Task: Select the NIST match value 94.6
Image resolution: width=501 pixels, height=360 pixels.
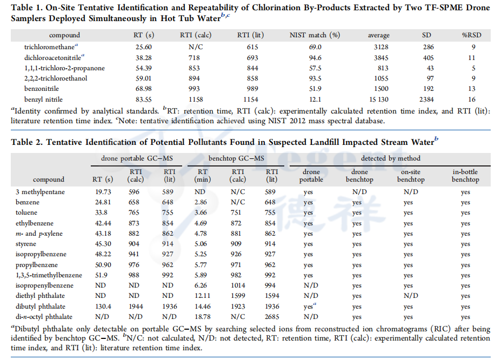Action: pos(314,58)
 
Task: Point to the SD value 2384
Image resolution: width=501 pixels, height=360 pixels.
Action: pos(427,99)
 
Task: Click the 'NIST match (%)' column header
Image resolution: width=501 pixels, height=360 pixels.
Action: pos(315,35)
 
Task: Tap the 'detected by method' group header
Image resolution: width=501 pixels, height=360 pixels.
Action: pos(391,158)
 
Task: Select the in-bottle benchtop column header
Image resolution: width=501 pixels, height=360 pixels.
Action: pos(465,176)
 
